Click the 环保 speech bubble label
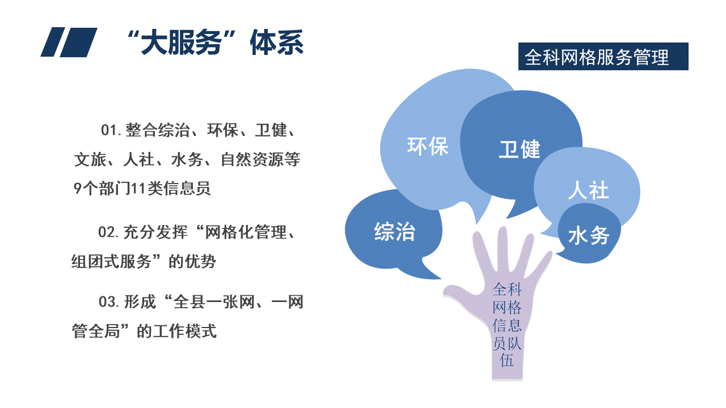coord(428,146)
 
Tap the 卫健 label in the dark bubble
coord(519,149)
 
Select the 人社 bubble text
coord(589,190)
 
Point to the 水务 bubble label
coord(589,235)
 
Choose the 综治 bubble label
coord(394,232)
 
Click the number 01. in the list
coord(111,130)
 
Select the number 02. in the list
coord(108,232)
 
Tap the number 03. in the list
coord(109,302)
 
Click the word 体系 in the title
coord(276,42)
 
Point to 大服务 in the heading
coord(181,42)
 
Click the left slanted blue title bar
coord(53,42)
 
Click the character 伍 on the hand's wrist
coord(507,360)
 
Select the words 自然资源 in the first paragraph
coord(252,159)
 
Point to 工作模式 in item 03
coord(184,331)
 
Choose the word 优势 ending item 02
coord(200,261)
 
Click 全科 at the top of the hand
coord(507,289)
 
